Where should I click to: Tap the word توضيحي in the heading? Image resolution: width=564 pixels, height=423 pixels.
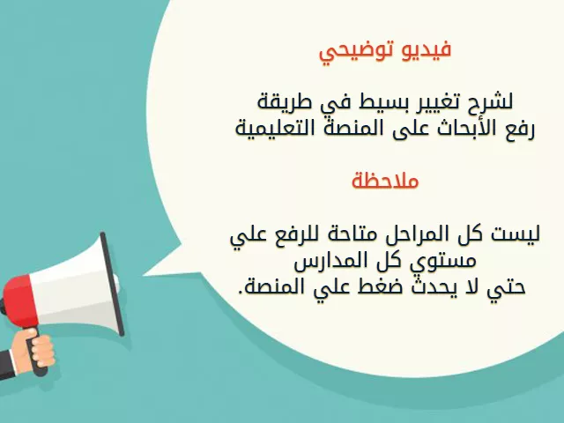click(x=352, y=53)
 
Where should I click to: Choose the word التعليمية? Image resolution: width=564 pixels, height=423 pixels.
click(x=272, y=128)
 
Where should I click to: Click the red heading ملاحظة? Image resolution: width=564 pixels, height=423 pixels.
click(x=385, y=180)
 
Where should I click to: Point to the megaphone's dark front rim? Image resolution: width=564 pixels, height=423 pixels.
click(x=112, y=284)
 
